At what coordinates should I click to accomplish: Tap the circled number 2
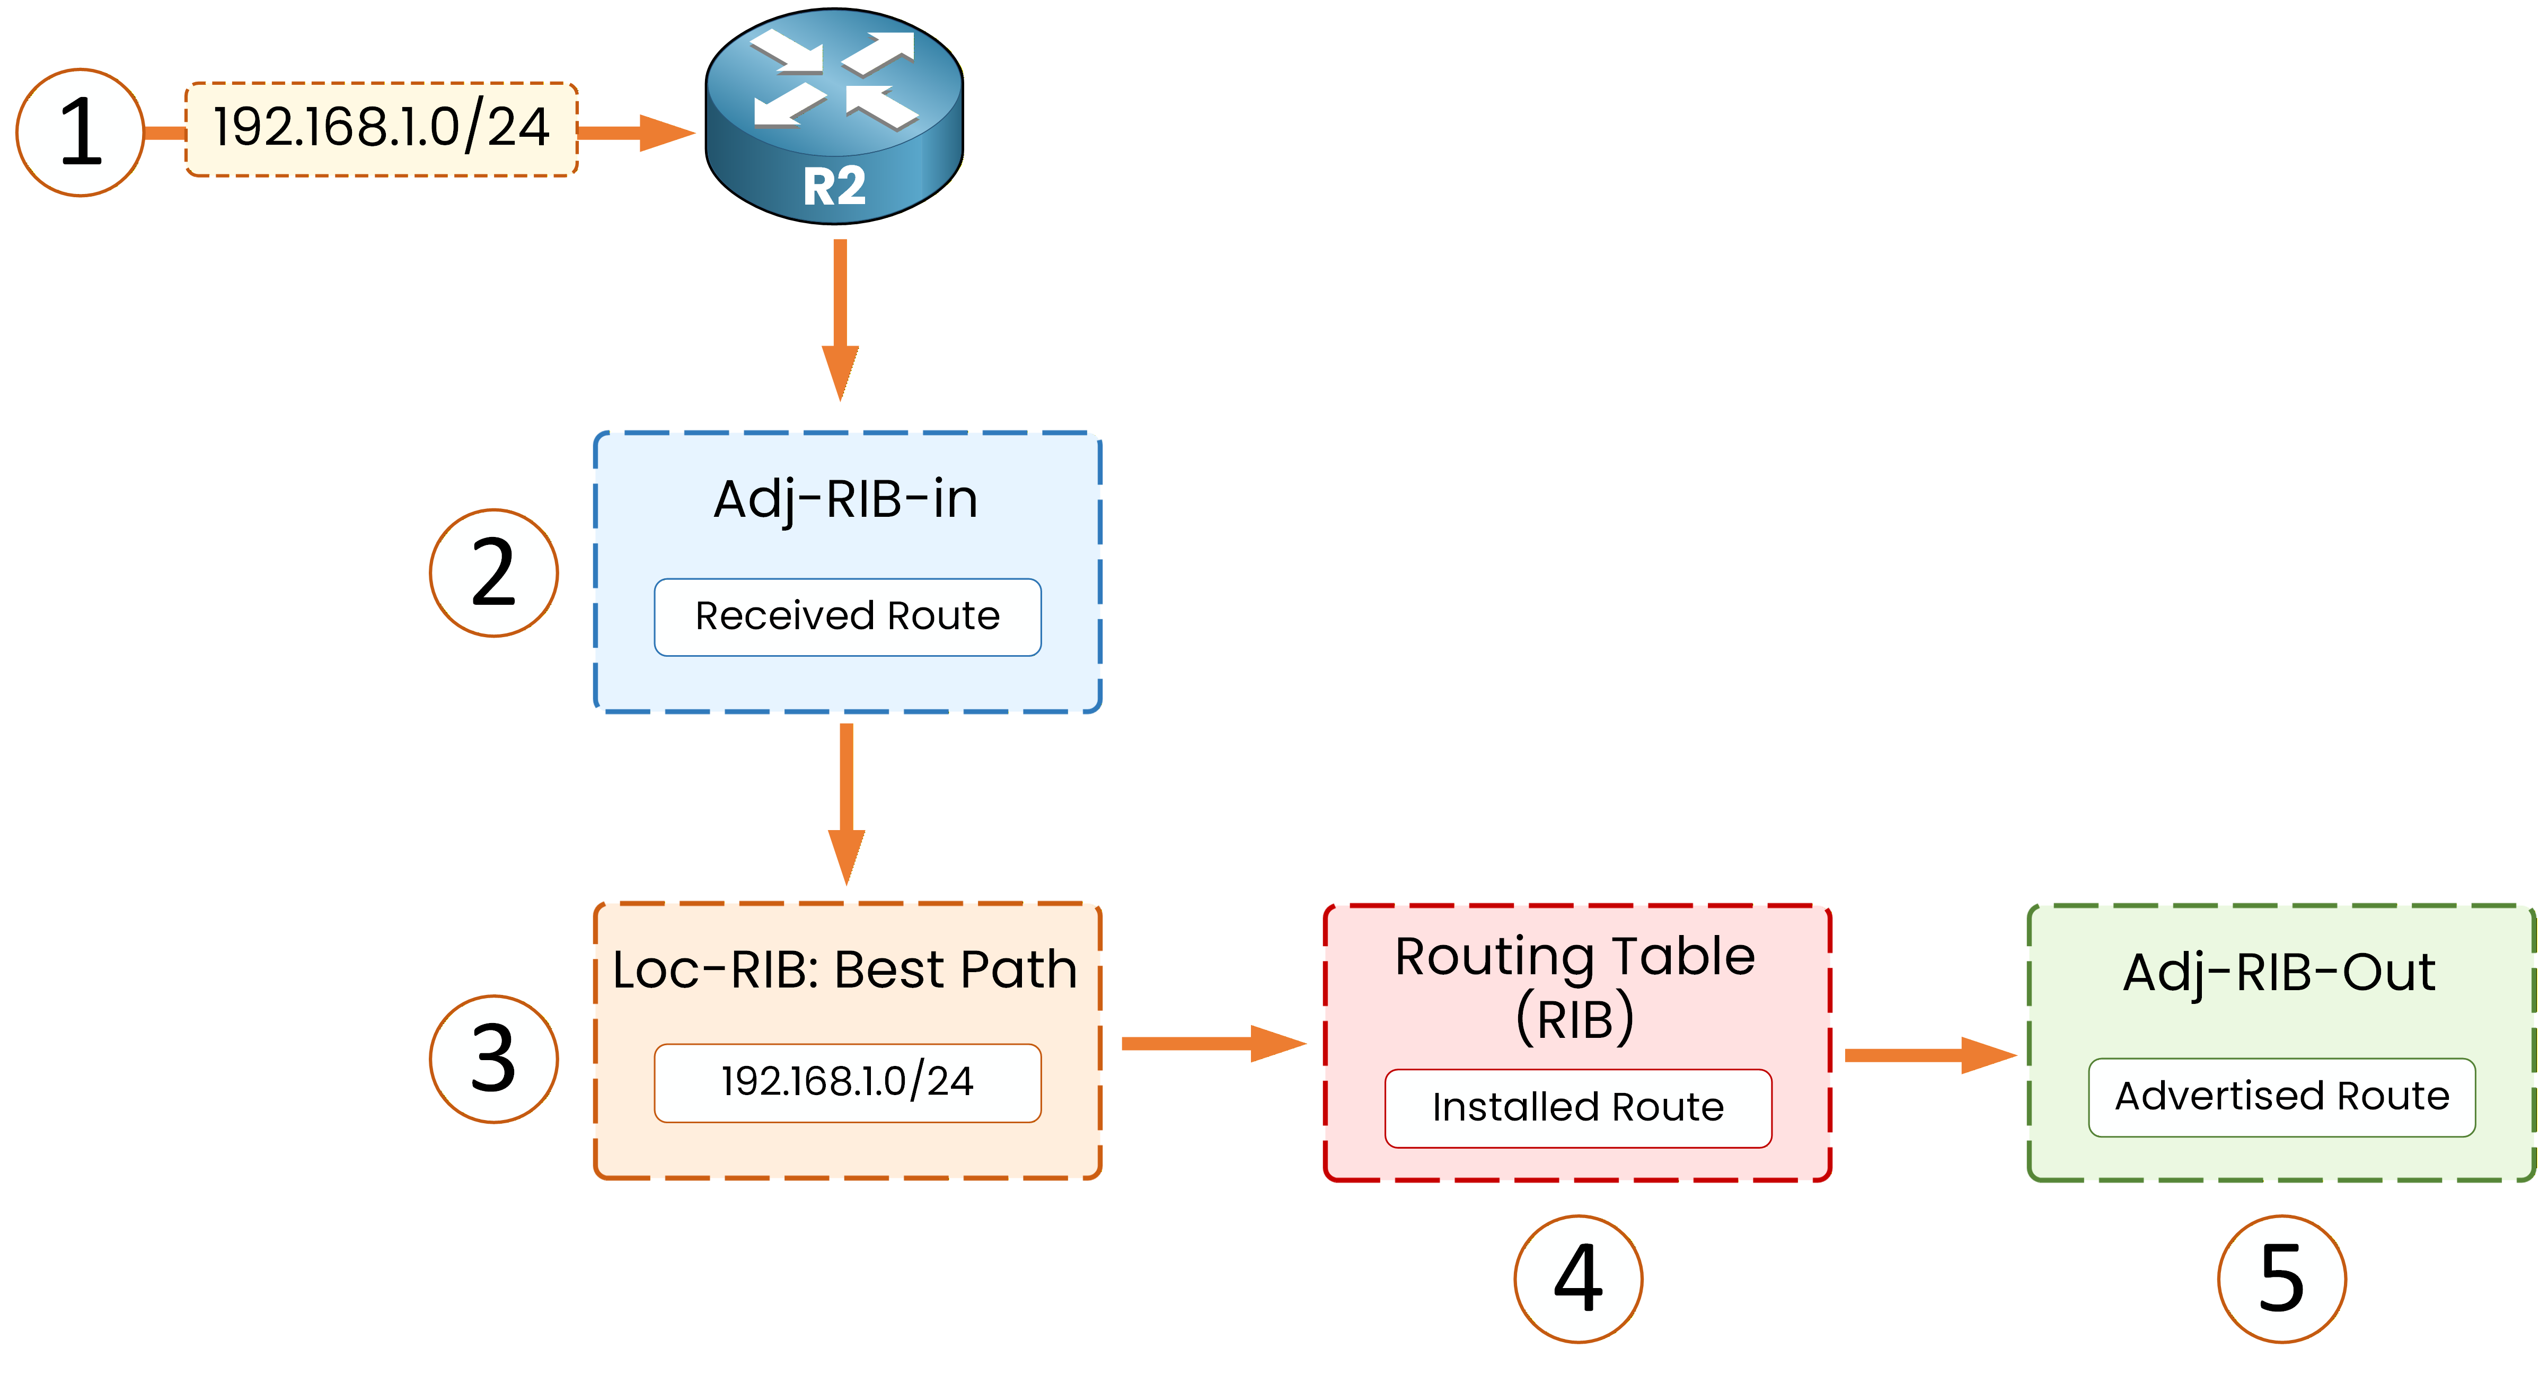click(494, 573)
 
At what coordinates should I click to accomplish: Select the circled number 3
click(494, 1059)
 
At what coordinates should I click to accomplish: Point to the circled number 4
click(1578, 1279)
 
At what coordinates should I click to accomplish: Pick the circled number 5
click(2282, 1279)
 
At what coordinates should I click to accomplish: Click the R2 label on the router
click(834, 187)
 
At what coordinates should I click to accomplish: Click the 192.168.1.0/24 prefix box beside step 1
click(382, 129)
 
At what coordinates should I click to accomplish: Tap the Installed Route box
click(1578, 1108)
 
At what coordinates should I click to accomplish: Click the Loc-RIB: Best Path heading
click(845, 970)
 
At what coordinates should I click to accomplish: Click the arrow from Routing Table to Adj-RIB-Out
click(1927, 1055)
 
